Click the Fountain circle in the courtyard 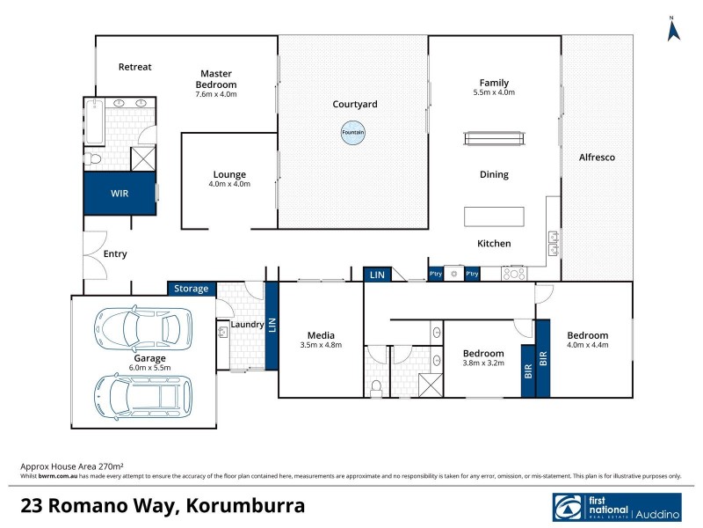353,133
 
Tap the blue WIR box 120,192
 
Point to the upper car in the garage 143,328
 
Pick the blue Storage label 191,289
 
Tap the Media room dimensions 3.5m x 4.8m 320,345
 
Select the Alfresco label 597,157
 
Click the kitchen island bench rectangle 494,216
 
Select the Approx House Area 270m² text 71,465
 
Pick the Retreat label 135,67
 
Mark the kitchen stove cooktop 514,274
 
